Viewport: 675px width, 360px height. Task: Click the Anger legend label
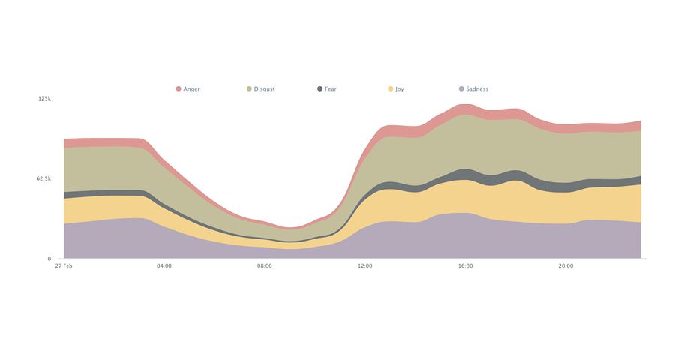point(191,89)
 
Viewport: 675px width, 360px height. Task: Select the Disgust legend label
point(264,89)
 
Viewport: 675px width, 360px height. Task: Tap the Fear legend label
point(331,89)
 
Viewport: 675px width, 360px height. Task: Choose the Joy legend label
point(399,89)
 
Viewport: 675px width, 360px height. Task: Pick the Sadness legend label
point(476,89)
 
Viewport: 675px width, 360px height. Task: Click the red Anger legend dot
point(178,89)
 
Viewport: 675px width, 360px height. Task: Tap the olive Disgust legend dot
point(249,89)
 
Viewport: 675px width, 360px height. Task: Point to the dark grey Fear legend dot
point(320,89)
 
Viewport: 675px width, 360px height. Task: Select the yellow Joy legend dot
point(391,89)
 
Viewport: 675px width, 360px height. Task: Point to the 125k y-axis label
point(44,99)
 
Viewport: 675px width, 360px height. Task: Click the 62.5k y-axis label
point(43,178)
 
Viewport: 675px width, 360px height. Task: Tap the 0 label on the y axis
point(49,259)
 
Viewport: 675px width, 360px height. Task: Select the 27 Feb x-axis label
point(64,266)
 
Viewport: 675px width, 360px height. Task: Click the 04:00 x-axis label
point(164,266)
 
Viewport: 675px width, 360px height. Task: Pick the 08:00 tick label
point(265,266)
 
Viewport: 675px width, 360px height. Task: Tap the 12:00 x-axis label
point(365,266)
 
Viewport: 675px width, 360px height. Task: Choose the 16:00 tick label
point(465,266)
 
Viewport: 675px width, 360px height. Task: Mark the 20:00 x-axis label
point(565,266)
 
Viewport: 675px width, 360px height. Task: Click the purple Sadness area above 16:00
point(465,236)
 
